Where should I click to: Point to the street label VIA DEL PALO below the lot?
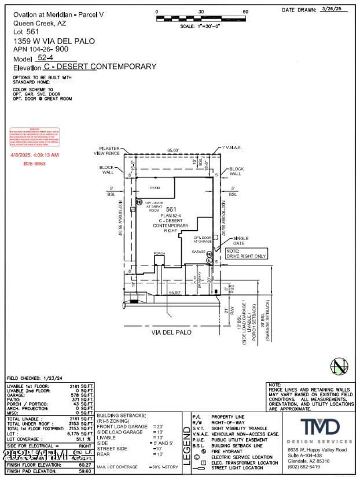[171, 332]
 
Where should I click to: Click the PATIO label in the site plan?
[155, 187]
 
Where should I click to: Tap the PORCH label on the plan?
[159, 254]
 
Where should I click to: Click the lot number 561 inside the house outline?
[171, 209]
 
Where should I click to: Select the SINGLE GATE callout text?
[240, 241]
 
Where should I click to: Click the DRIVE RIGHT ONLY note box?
[246, 253]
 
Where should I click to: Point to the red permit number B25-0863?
[35, 164]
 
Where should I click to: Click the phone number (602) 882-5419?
[304, 466]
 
